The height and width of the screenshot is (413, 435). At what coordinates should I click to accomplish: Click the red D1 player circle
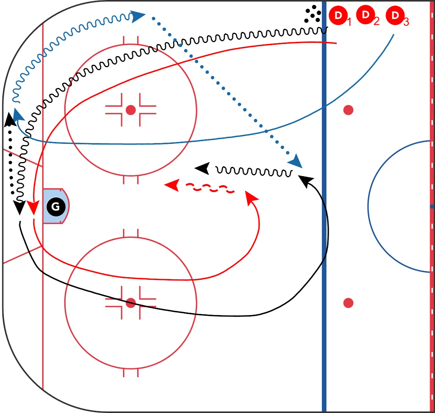pos(338,16)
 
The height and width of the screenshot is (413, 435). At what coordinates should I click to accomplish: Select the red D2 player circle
pos(366,15)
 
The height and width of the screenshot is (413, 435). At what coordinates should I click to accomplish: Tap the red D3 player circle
pos(395,16)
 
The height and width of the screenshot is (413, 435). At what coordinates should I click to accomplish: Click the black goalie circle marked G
pos(56,206)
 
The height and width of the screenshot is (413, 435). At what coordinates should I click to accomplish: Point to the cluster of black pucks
pos(313,14)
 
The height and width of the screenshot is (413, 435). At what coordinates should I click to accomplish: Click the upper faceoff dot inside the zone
pos(131,110)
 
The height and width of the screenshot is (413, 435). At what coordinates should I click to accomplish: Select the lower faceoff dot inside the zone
pos(131,303)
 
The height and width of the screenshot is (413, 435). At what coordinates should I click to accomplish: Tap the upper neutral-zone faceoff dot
pos(348,110)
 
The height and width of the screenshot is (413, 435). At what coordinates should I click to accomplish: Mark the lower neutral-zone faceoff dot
pos(348,303)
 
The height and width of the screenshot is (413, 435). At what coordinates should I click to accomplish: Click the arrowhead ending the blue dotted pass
pos(296,161)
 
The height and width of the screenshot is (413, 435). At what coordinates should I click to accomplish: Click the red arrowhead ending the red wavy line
pos(172,185)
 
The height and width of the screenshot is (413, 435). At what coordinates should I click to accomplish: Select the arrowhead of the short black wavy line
pos(202,169)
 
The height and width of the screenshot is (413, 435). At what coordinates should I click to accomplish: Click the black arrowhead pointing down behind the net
pos(20,208)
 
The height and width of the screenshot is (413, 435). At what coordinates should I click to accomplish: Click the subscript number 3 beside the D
pos(406,22)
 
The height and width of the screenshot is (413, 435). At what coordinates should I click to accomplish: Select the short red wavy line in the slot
pos(210,188)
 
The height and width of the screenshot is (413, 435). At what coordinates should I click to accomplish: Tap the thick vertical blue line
pos(324,206)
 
